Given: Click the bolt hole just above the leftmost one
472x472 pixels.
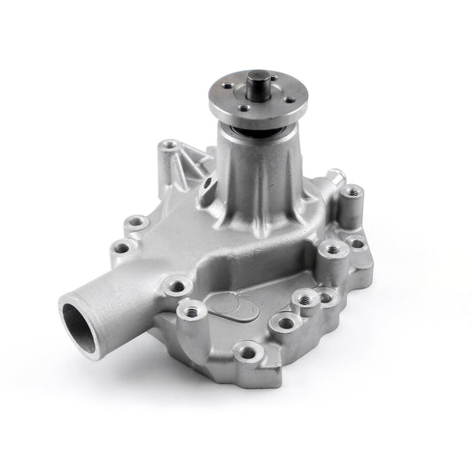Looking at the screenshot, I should point(136,221).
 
